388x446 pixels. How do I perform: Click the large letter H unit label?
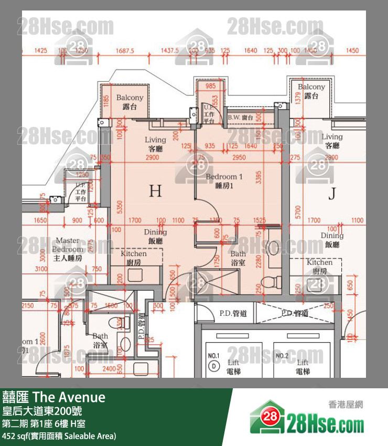pyautogui.click(x=155, y=190)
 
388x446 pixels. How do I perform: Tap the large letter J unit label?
pyautogui.click(x=331, y=194)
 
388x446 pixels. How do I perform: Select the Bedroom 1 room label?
pyautogui.click(x=224, y=181)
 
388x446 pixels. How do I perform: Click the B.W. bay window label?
pyautogui.click(x=241, y=118)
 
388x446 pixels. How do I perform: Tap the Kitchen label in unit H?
pyautogui.click(x=134, y=258)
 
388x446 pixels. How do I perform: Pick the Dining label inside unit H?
pyautogui.click(x=155, y=236)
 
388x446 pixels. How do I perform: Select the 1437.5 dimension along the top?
pyautogui.click(x=170, y=50)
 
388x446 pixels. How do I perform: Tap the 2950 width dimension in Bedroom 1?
pyautogui.click(x=239, y=157)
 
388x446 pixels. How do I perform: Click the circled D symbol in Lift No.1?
pyautogui.click(x=213, y=367)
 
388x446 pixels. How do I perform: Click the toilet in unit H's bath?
pyautogui.click(x=271, y=281)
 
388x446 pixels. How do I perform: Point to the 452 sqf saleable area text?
pyautogui.click(x=59, y=436)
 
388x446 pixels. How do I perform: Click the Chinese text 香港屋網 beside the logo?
pyautogui.click(x=346, y=405)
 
